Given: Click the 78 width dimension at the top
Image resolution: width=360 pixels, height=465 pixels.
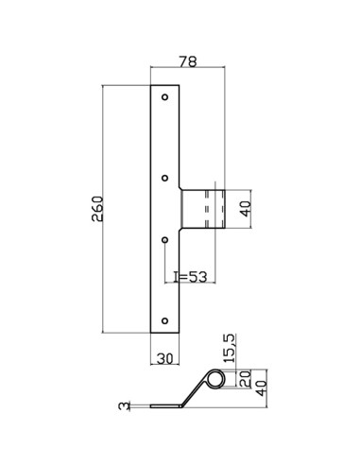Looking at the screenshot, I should (188, 61).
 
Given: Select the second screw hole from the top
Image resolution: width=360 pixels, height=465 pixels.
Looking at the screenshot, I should (165, 176).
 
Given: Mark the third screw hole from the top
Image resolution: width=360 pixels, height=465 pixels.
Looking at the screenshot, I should (165, 240).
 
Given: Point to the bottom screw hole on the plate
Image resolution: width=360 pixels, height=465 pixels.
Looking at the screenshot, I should (165, 319).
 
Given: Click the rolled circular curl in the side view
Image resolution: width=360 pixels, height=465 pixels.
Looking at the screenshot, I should (216, 379).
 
